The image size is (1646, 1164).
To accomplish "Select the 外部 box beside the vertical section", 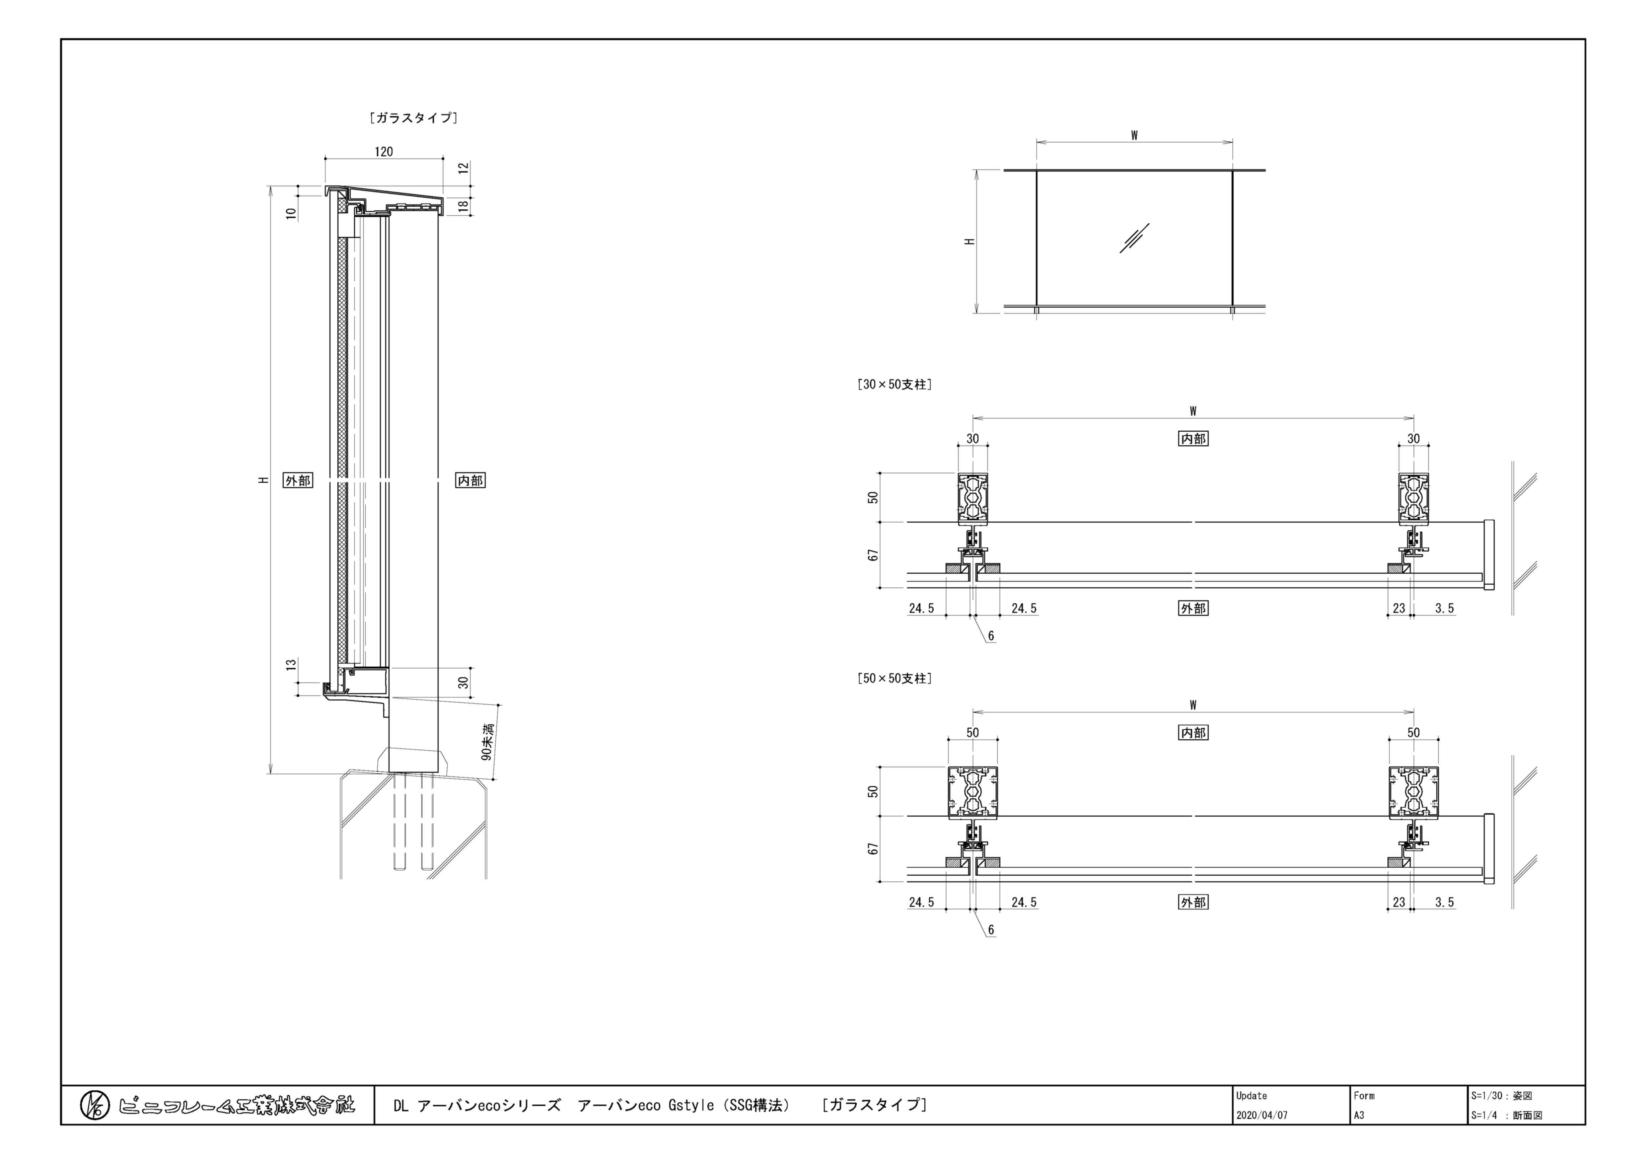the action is click(298, 481).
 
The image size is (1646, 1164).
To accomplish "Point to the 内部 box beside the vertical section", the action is click(470, 481).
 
